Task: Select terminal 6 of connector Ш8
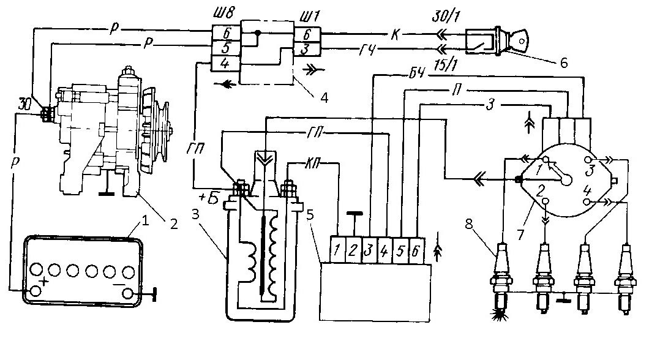click(226, 33)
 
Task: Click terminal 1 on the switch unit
click(338, 250)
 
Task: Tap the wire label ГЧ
click(367, 50)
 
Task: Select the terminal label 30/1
click(446, 17)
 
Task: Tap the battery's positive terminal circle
click(36, 291)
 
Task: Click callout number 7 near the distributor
click(520, 235)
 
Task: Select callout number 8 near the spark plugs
click(468, 224)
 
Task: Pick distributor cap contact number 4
click(588, 201)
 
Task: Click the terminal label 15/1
click(445, 65)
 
